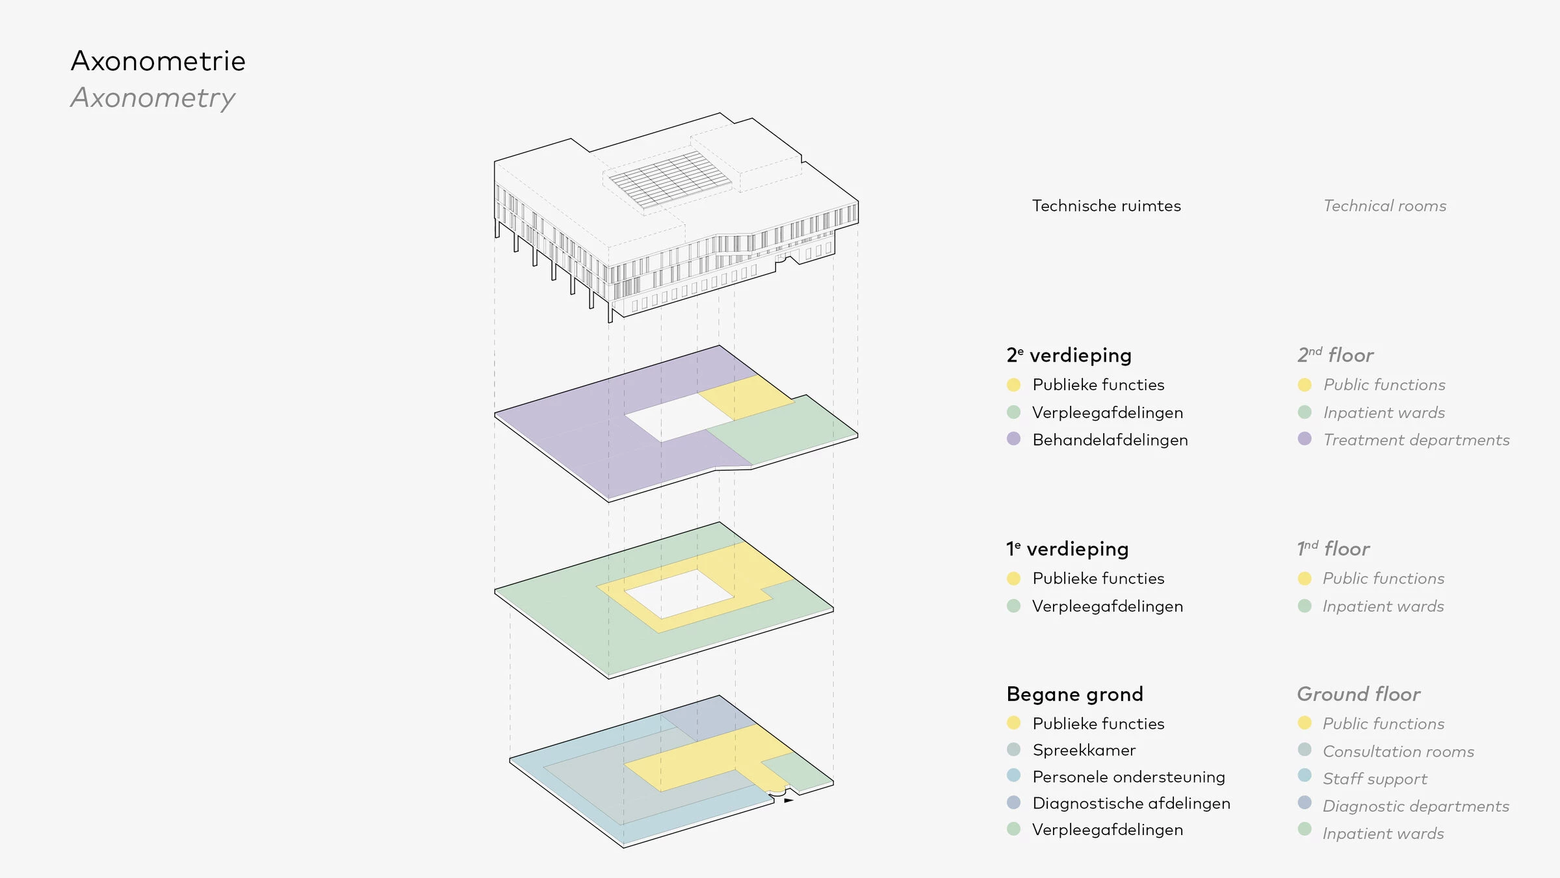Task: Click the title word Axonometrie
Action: [x=158, y=61]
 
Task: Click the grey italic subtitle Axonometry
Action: [x=153, y=98]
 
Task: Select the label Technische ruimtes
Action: [x=1106, y=206]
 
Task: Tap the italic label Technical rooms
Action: [x=1384, y=206]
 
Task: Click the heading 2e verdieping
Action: [x=1069, y=355]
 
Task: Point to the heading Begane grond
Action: [x=1074, y=695]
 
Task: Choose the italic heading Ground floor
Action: [x=1358, y=695]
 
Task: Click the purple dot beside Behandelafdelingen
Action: [x=1013, y=439]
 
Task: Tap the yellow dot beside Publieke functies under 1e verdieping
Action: [x=1013, y=578]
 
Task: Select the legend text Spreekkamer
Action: [x=1084, y=751]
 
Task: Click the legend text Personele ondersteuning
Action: [x=1128, y=777]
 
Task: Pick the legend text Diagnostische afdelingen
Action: [x=1131, y=804]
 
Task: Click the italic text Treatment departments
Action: [x=1416, y=440]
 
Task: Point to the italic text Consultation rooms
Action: [x=1398, y=752]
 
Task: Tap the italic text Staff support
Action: [x=1375, y=779]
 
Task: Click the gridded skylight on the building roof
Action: [x=669, y=178]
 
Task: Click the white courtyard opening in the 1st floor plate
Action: [x=679, y=594]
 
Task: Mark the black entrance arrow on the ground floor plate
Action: [x=788, y=801]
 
